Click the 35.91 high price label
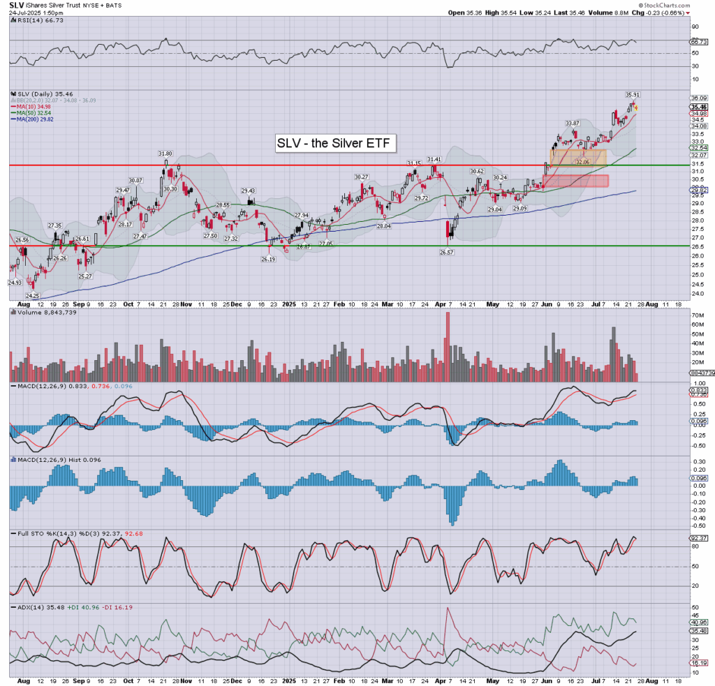pyautogui.click(x=633, y=94)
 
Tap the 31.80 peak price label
pyautogui.click(x=165, y=154)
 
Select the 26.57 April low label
pyautogui.click(x=448, y=253)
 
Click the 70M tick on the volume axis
pyautogui.click(x=696, y=316)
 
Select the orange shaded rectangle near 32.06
pyautogui.click(x=579, y=158)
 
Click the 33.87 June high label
pyautogui.click(x=573, y=124)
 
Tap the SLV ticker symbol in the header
pyautogui.click(x=15, y=5)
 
